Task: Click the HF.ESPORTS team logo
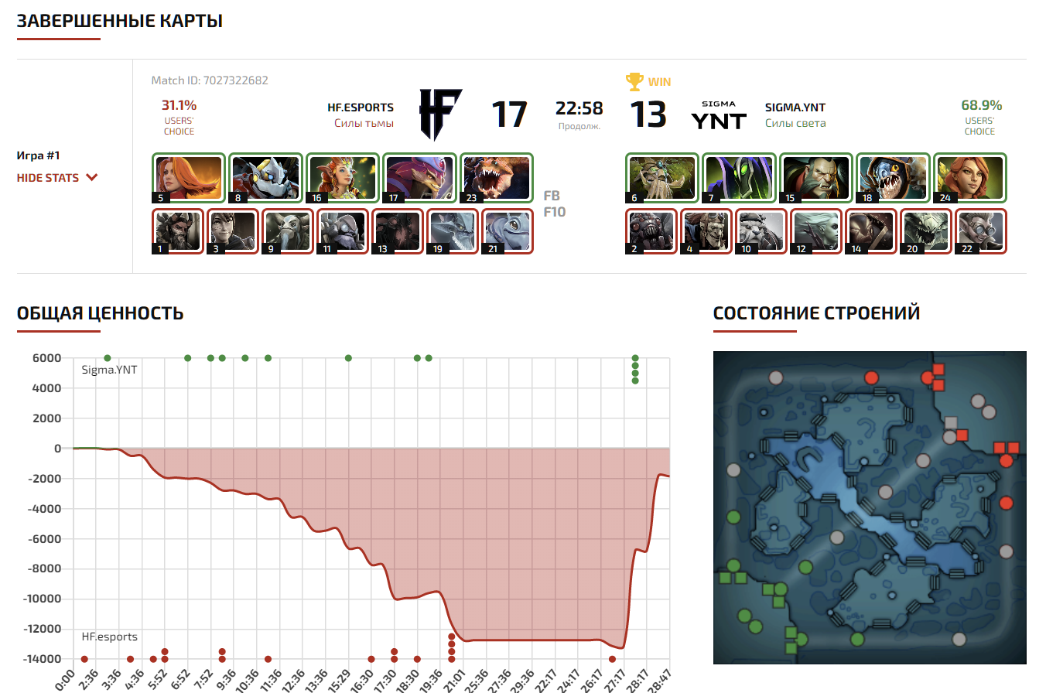(x=440, y=114)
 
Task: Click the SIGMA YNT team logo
(x=718, y=116)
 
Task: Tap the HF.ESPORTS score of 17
(x=509, y=114)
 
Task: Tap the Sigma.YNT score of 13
(x=648, y=114)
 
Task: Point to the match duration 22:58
(x=579, y=109)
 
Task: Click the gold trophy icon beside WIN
(x=634, y=81)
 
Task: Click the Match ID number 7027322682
(x=234, y=80)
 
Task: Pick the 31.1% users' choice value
(x=179, y=105)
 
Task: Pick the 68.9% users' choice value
(x=981, y=105)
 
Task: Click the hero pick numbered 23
(x=496, y=178)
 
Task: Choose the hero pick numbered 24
(x=969, y=178)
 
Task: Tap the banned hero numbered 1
(x=178, y=230)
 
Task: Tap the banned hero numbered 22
(x=980, y=230)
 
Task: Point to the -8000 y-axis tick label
(x=43, y=569)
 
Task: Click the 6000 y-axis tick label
(x=46, y=358)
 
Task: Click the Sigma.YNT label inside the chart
(x=109, y=370)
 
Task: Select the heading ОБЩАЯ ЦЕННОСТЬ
(x=100, y=313)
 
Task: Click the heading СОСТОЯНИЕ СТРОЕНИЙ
(x=816, y=313)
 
